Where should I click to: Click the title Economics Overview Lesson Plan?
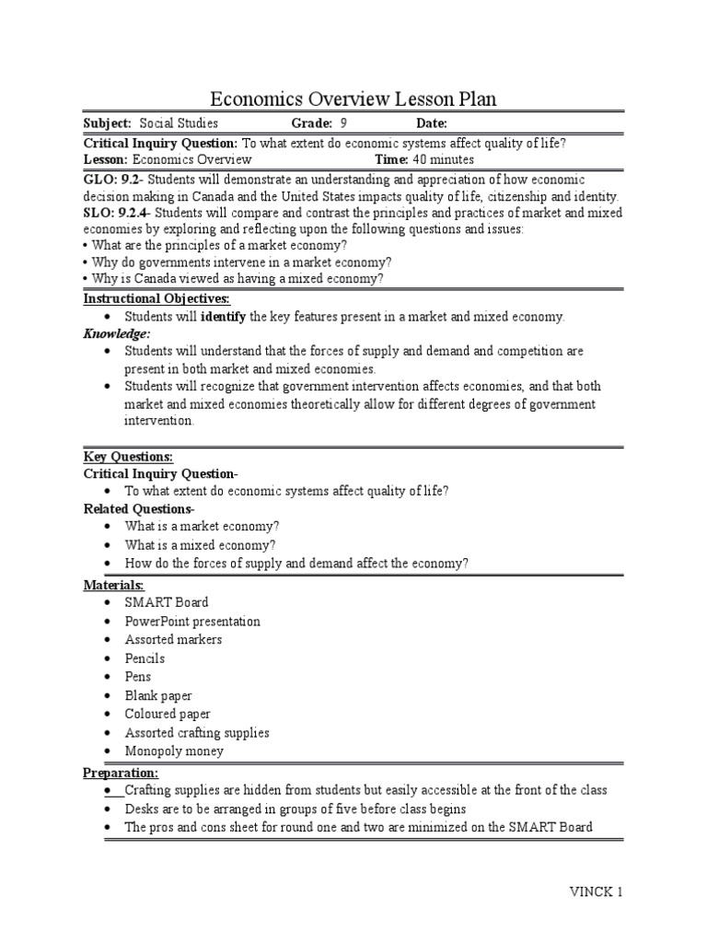[354, 99]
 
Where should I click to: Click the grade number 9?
[343, 123]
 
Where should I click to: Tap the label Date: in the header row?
[432, 123]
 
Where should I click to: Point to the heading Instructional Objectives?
[156, 299]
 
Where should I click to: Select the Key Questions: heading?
[128, 457]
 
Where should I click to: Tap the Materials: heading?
[114, 586]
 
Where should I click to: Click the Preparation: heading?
[121, 773]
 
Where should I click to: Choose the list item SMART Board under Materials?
[167, 602]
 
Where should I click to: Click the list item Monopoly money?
[174, 751]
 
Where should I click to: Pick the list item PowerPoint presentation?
[192, 622]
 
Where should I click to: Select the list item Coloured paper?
[168, 714]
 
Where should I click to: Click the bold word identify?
[224, 317]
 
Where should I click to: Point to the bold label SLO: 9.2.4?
[112, 214]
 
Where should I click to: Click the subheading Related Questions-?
[139, 509]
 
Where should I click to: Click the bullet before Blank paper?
[107, 696]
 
